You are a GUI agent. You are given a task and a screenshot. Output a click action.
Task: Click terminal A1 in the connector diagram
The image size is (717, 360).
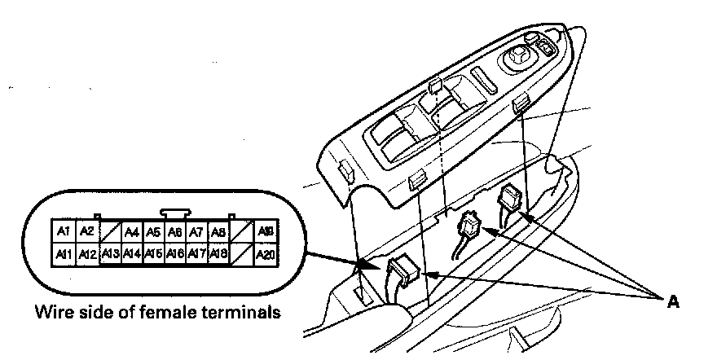(x=63, y=231)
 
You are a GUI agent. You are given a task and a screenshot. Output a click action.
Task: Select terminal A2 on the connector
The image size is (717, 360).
(x=86, y=231)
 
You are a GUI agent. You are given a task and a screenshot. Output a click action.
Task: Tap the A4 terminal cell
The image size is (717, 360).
(x=132, y=231)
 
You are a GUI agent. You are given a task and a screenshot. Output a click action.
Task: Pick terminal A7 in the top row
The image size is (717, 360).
(x=196, y=231)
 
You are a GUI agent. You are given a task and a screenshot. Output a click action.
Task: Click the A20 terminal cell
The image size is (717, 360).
(x=264, y=254)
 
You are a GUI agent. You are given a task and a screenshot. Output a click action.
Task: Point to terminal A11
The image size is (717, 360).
(x=63, y=254)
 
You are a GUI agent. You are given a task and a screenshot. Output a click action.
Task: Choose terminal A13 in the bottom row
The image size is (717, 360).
(x=111, y=254)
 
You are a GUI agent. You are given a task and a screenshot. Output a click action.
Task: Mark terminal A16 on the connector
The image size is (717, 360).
(x=174, y=254)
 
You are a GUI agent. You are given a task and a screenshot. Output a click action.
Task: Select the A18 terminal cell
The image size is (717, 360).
(x=217, y=254)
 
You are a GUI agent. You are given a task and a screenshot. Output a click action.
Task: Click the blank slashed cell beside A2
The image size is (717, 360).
(x=110, y=231)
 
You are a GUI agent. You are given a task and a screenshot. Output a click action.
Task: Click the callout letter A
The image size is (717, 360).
(x=673, y=301)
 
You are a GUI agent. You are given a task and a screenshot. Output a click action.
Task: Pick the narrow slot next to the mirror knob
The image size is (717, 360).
(x=482, y=82)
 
